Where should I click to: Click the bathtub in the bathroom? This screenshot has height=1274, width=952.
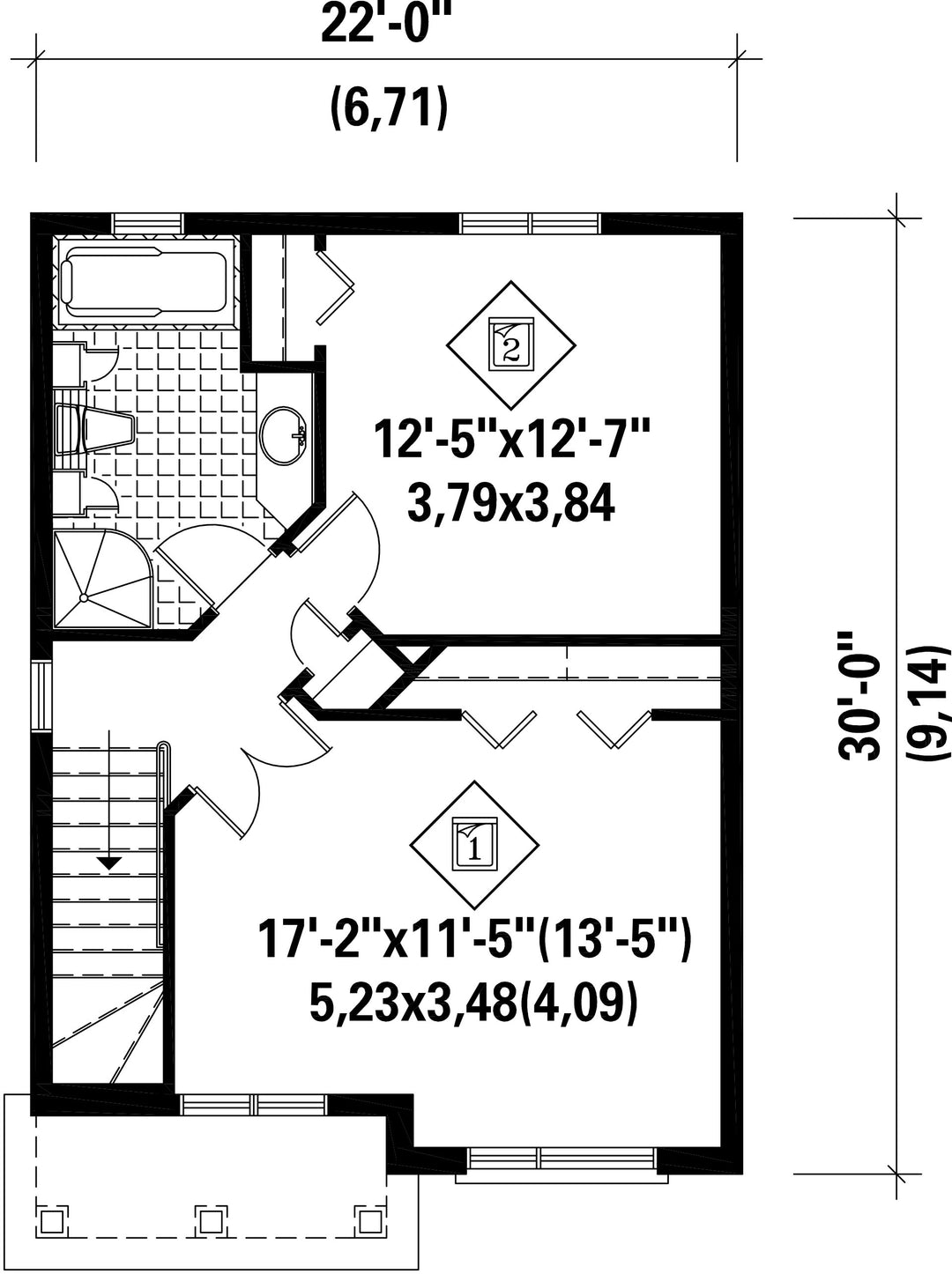point(145,282)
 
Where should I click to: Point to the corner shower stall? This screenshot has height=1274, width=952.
point(103,578)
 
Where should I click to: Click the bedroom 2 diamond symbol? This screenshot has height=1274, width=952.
point(511,344)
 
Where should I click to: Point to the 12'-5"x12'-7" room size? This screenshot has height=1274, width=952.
point(512,441)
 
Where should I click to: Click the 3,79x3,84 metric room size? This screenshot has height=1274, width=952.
point(511,504)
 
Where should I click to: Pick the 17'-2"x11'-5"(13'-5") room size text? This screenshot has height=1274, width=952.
point(474,945)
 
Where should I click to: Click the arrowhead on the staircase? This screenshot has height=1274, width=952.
point(108,863)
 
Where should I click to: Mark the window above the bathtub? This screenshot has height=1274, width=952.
point(147,224)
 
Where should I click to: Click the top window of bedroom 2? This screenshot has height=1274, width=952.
point(531,223)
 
